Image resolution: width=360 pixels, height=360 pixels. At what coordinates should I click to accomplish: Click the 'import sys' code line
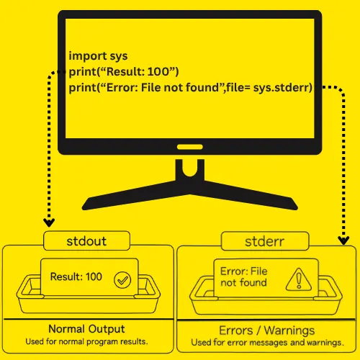coord(98,56)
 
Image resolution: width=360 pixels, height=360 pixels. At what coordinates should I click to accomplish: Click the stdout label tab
coord(86,240)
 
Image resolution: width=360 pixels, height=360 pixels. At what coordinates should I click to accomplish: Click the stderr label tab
coord(265,241)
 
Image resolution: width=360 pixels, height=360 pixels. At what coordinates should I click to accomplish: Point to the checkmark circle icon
coord(122,280)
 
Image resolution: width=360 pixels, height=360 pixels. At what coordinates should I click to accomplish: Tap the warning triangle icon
coord(299,279)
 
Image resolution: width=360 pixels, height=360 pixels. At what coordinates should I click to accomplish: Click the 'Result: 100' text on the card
coord(76,276)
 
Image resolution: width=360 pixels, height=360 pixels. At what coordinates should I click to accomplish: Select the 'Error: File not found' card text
coord(243,277)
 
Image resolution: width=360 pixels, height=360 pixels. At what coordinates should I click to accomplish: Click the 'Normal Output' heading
coord(86,329)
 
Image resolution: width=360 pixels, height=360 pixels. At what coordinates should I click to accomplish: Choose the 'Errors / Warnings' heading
coord(267,330)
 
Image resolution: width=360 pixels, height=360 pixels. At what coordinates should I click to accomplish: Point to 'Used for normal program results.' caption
coord(86,341)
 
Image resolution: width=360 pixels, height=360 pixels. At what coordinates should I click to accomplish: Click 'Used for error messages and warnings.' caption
coord(268,343)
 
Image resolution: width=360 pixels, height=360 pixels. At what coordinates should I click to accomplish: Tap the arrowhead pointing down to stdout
coord(49,222)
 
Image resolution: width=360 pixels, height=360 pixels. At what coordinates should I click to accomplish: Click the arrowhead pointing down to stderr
coord(343,240)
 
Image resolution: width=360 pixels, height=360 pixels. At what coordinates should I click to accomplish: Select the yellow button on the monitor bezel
coord(190,147)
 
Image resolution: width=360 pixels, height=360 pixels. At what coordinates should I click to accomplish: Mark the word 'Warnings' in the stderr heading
coord(289,330)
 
